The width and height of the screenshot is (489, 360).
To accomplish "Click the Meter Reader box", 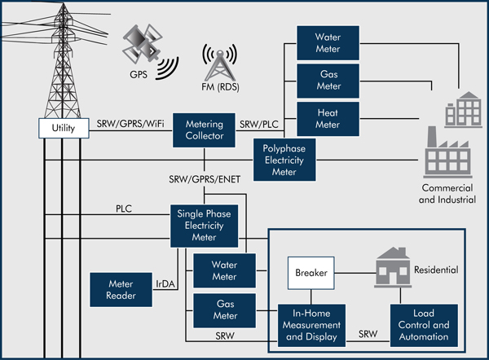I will [x=121, y=289].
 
